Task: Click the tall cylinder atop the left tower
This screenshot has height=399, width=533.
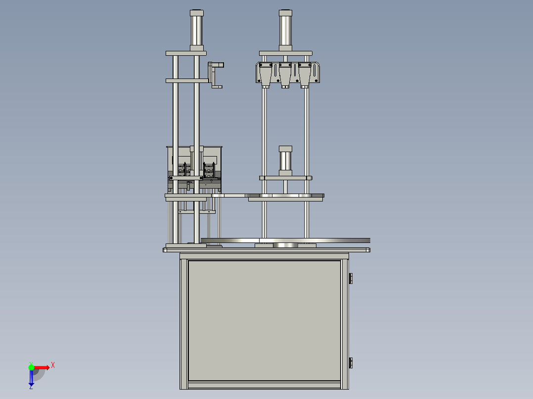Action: (196, 31)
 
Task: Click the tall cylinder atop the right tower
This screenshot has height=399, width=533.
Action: (285, 31)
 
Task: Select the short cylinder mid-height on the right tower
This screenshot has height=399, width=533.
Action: (285, 161)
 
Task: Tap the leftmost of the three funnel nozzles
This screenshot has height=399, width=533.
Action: (266, 76)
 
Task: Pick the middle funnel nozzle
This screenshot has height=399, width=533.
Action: (285, 76)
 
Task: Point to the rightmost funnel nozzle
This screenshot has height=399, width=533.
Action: (305, 76)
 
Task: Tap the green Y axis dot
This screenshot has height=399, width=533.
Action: (31, 367)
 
